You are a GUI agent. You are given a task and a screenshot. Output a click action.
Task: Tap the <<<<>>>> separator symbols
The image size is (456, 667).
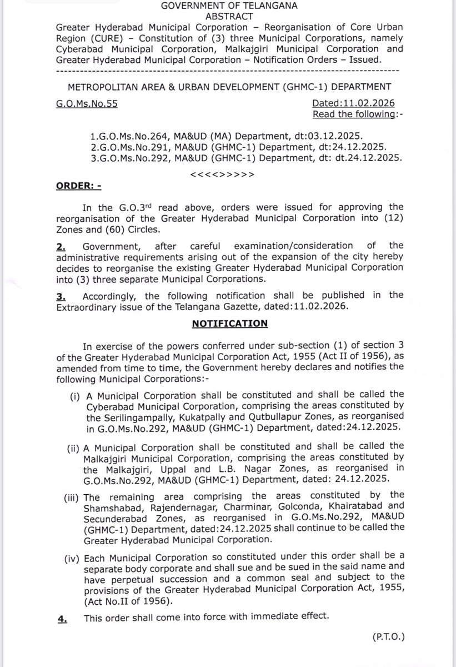(222, 174)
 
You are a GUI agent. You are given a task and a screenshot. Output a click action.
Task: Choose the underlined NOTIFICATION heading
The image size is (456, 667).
(230, 322)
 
